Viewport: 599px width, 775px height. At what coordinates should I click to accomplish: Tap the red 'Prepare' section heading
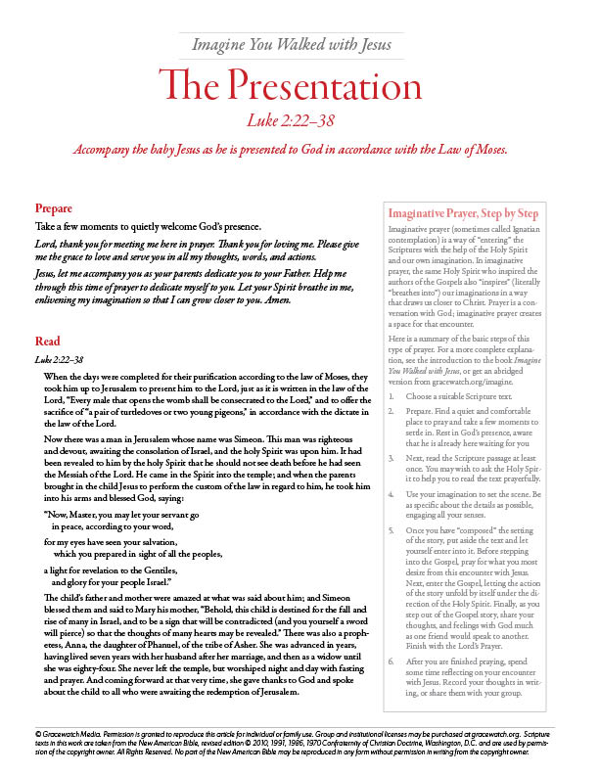coord(53,208)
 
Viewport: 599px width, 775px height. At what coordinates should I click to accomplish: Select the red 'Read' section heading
coord(47,342)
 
